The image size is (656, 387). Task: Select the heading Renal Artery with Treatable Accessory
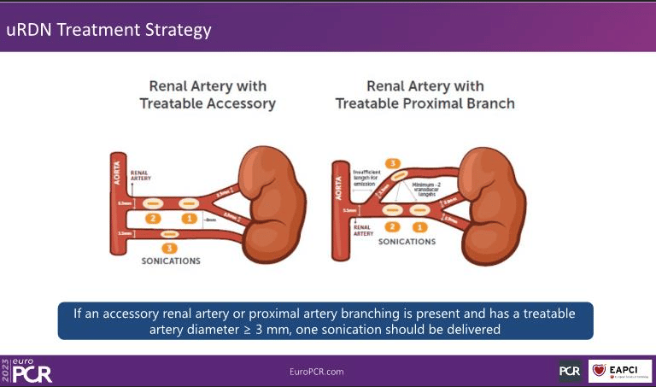(x=208, y=95)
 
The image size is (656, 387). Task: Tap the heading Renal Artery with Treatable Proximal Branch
(x=425, y=95)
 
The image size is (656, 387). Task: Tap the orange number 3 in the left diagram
(x=169, y=248)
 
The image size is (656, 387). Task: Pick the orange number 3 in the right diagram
(x=393, y=162)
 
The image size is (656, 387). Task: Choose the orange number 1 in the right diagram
(x=419, y=226)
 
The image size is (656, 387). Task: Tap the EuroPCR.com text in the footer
(x=318, y=372)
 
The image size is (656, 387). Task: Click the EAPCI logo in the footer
(x=620, y=371)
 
